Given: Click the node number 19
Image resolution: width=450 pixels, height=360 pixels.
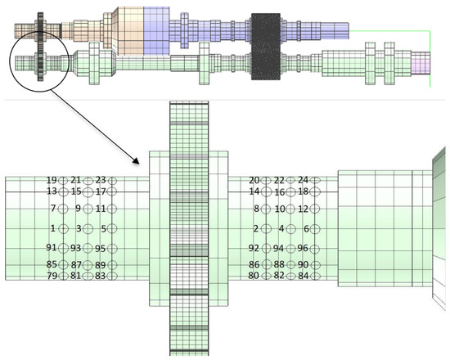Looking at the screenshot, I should pos(52,180).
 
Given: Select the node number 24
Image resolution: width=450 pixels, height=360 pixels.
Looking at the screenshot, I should pos(303,180).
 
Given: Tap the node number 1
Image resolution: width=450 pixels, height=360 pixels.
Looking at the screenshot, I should pos(52,228).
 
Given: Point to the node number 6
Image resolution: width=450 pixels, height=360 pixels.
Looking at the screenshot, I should pos(303,228).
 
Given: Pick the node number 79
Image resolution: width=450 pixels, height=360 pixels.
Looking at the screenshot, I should pos(52,276).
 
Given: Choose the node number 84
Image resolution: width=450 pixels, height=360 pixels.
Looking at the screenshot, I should pos(303,276).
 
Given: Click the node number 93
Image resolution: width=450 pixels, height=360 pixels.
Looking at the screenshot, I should pos(75,248).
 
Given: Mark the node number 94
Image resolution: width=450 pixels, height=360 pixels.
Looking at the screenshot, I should pos(278,248).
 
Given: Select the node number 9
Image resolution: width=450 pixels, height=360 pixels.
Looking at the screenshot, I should pos(76,209).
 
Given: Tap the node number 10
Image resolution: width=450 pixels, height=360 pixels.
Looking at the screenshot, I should pos(279,209).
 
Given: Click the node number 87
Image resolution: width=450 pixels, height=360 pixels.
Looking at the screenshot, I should pos(76,265).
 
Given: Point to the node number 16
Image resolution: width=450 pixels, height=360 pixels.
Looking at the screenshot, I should pos(279,192).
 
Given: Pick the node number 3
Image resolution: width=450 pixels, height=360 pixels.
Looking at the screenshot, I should pos(79,228).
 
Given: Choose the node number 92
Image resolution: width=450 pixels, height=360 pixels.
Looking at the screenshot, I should pos(254,248).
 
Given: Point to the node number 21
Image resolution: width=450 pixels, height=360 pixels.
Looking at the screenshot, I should pos(76,180).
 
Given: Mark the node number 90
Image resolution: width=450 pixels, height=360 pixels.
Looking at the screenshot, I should pos(303,264).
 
